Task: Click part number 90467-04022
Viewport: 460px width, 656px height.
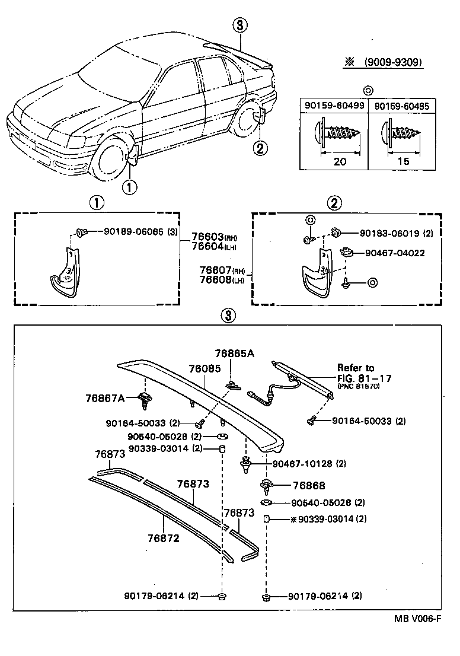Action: pos(394,253)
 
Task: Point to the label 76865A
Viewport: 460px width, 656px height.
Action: pos(234,354)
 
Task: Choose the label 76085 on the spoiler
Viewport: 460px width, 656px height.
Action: pos(205,368)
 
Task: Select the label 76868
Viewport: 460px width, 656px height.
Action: pos(308,485)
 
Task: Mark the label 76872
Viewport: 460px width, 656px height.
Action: pos(163,539)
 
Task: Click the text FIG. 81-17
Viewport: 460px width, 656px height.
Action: pos(365,378)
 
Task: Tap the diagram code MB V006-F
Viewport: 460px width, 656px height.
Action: pos(418,618)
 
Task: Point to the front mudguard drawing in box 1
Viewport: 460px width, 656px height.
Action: pos(63,270)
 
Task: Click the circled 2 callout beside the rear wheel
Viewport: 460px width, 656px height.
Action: pos(259,148)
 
